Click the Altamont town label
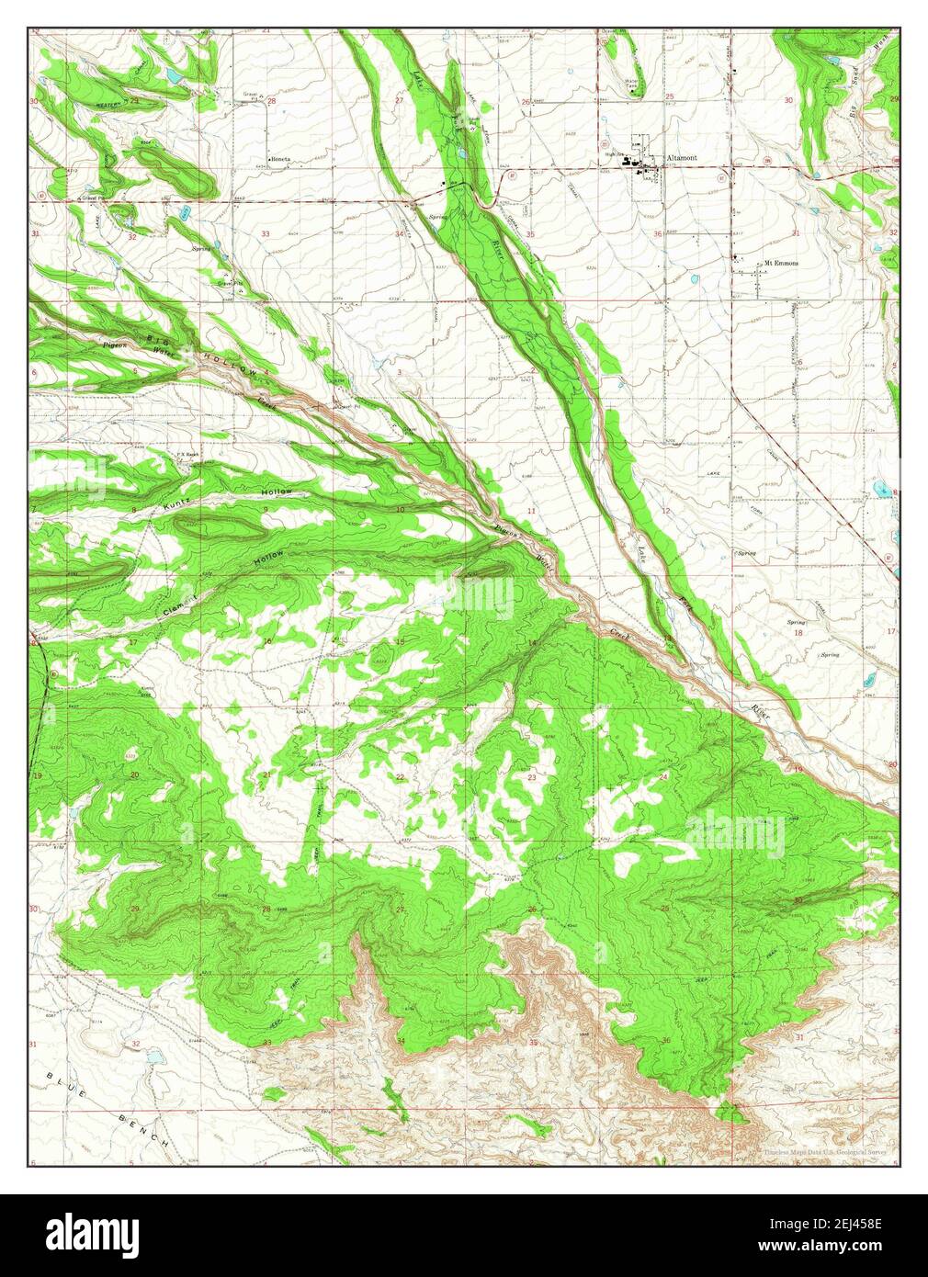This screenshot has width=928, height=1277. tap(682, 158)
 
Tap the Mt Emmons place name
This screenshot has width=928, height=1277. tap(781, 263)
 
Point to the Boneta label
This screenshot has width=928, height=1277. tap(280, 159)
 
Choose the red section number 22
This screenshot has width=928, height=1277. tap(400, 777)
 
